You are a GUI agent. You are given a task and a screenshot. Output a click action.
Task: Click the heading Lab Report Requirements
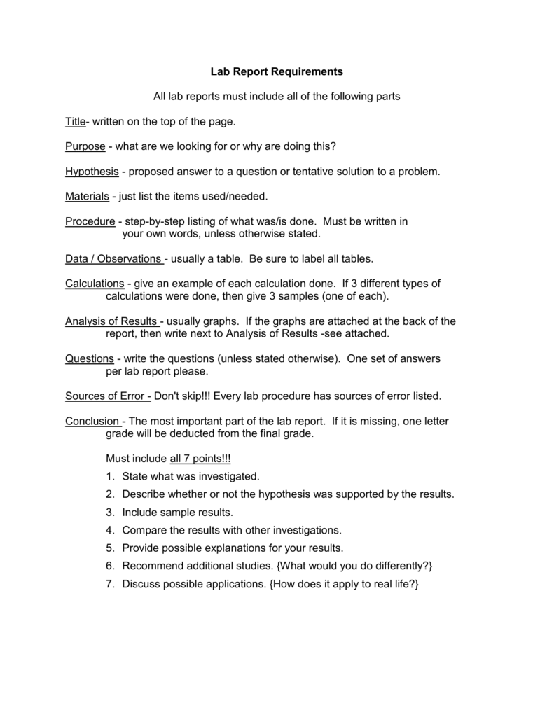point(277,71)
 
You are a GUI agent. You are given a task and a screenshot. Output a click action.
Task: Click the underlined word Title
point(75,122)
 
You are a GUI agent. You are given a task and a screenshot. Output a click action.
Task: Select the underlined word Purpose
point(85,146)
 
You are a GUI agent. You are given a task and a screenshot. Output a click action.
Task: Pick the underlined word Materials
point(88,196)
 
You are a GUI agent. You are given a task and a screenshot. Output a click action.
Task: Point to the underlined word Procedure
point(90,221)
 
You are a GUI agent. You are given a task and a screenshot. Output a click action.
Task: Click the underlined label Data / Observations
point(114,259)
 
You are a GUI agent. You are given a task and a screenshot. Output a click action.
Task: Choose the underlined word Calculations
point(95,284)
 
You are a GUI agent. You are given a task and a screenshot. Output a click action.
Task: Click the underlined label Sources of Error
point(107,396)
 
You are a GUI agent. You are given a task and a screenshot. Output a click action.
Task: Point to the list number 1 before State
point(110,476)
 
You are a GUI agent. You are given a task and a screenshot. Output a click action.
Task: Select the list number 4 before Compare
point(110,530)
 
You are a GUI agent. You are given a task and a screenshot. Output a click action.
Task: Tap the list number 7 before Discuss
point(110,583)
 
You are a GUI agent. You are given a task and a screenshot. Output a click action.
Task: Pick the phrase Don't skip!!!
point(182,396)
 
